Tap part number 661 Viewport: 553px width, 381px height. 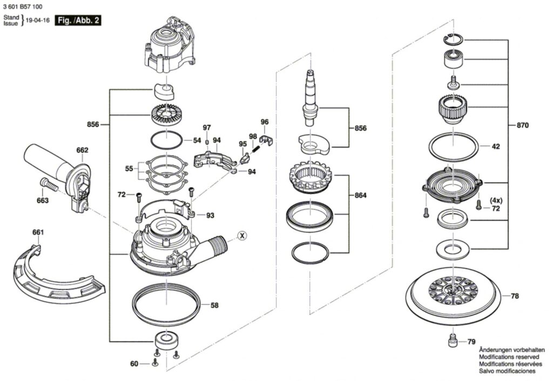pyautogui.click(x=38, y=232)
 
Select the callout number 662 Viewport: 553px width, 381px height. pyautogui.click(x=82, y=150)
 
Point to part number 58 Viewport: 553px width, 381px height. pyautogui.click(x=214, y=305)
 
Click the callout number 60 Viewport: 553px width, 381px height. pyautogui.click(x=134, y=364)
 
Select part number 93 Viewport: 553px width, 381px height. pyautogui.click(x=210, y=216)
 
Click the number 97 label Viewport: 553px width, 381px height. pyautogui.click(x=207, y=128)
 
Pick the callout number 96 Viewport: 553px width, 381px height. pyautogui.click(x=264, y=122)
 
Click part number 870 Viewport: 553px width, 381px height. pyautogui.click(x=522, y=125)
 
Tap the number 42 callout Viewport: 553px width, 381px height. pyautogui.click(x=495, y=146)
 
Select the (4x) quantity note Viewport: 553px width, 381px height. pyautogui.click(x=496, y=200)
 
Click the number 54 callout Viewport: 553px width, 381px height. pyautogui.click(x=197, y=141)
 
